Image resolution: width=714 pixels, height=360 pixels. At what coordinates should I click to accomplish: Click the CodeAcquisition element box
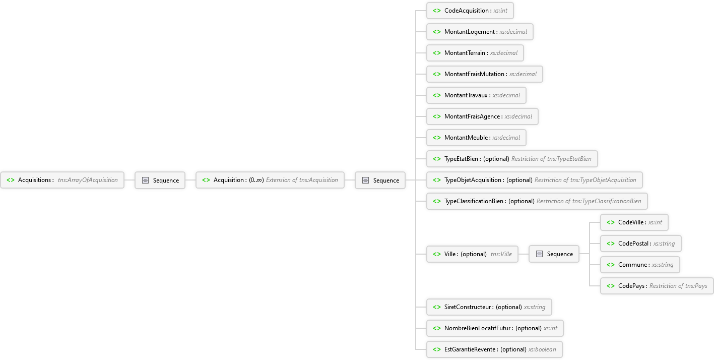click(x=470, y=11)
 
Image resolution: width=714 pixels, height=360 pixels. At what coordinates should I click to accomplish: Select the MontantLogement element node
click(x=480, y=32)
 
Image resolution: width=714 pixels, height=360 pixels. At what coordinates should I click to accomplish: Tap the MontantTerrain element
click(x=475, y=53)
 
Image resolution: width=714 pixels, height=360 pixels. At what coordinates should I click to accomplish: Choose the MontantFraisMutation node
click(x=485, y=74)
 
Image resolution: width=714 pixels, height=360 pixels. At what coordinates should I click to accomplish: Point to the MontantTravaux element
click(x=476, y=95)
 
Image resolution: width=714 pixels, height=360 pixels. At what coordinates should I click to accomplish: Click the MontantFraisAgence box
click(x=482, y=116)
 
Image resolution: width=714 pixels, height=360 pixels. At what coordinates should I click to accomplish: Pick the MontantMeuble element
click(x=476, y=138)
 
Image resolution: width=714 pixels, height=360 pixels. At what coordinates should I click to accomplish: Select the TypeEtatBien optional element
click(x=512, y=159)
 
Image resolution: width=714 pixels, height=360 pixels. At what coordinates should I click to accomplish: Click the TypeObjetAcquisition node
click(x=535, y=180)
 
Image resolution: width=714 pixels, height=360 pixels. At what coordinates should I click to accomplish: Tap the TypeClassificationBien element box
click(x=537, y=201)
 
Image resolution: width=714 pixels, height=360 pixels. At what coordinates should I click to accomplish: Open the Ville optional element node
click(x=472, y=254)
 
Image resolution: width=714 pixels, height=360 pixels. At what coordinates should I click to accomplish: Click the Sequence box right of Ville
click(x=554, y=254)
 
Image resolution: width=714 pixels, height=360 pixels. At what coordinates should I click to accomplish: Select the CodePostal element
click(x=641, y=244)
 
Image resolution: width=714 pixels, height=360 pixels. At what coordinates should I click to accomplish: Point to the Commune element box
click(x=640, y=265)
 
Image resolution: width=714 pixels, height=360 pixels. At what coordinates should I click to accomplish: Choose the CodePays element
click(x=657, y=286)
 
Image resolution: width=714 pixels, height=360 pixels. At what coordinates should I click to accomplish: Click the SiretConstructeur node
click(x=489, y=307)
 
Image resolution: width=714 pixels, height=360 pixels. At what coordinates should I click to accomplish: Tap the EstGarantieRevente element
click(x=494, y=349)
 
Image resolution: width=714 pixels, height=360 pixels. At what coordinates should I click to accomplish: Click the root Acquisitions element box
click(x=62, y=180)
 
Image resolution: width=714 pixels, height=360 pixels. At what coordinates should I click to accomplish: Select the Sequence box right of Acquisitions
click(x=160, y=181)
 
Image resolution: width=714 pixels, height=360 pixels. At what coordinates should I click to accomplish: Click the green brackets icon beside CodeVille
click(x=610, y=222)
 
